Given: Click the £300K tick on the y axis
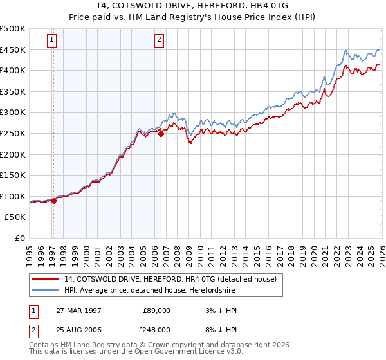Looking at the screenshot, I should point(13,113).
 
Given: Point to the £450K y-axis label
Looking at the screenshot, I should point(13,50).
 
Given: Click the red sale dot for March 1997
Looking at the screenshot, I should point(53,201).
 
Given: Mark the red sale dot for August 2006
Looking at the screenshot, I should point(161,134).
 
